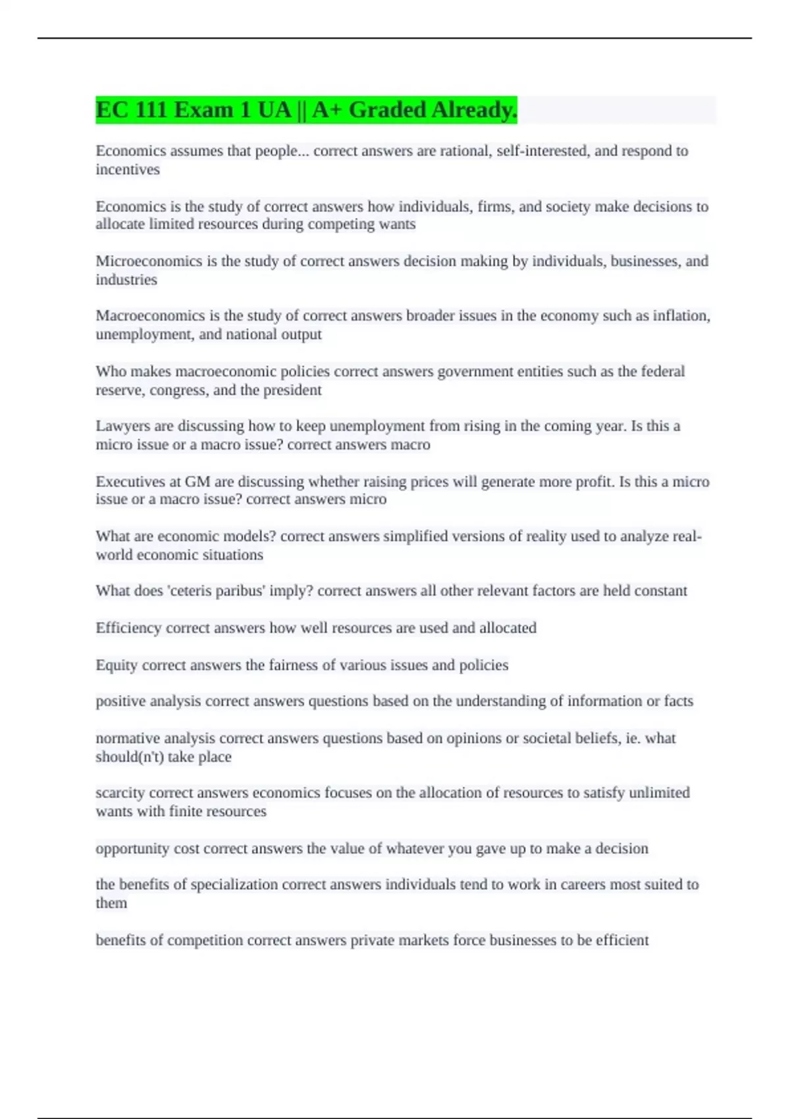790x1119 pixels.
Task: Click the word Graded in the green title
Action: point(387,110)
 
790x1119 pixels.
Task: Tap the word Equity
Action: point(117,665)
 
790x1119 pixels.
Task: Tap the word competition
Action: point(205,940)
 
